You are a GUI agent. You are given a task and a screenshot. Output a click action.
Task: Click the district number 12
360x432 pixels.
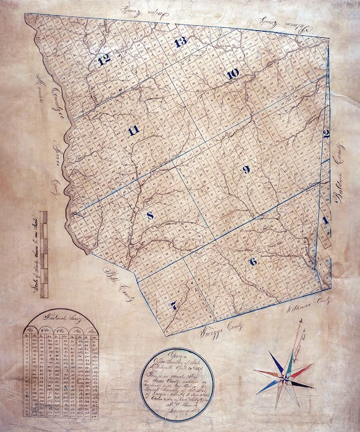tap(104, 61)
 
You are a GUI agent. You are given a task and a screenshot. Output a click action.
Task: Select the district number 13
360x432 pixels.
tap(181, 42)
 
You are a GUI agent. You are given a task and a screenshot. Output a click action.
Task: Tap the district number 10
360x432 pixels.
tap(232, 74)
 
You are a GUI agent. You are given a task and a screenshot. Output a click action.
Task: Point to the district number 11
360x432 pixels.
tap(133, 131)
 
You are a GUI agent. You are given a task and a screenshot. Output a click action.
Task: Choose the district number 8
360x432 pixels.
tap(150, 216)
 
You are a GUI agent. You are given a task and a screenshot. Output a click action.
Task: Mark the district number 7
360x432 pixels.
tap(173, 305)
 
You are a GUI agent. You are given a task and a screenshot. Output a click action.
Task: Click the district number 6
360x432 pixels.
tap(253, 261)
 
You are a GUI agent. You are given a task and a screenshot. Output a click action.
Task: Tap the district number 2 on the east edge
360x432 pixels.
tap(327, 133)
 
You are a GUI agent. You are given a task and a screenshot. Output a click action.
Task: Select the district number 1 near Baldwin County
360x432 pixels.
tap(325, 220)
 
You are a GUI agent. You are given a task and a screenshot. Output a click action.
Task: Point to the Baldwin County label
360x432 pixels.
tap(343, 180)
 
